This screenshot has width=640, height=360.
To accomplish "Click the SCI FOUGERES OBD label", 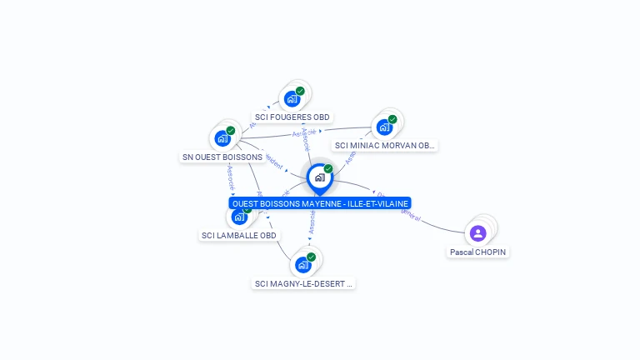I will click(x=292, y=117).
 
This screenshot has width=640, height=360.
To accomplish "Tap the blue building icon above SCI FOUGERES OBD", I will click(x=292, y=99).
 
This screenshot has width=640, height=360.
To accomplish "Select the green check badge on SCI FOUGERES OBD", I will click(x=300, y=91).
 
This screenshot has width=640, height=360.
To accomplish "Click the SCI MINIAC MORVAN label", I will click(x=384, y=145).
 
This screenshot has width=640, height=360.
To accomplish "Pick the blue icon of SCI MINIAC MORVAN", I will click(x=384, y=127).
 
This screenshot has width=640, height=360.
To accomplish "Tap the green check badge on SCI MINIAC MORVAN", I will click(x=392, y=119).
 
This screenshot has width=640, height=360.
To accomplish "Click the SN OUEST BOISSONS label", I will click(x=222, y=157).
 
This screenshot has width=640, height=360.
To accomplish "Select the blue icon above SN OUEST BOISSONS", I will click(x=222, y=138).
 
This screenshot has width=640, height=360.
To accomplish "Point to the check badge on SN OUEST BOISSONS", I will click(x=231, y=130).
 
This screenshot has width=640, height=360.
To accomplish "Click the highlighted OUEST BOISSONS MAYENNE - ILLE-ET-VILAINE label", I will click(x=320, y=203).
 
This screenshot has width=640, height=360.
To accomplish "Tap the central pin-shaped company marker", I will click(x=319, y=177).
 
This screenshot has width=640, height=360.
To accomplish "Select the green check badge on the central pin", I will click(x=328, y=168).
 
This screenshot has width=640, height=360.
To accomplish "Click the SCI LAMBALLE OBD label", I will click(x=239, y=235).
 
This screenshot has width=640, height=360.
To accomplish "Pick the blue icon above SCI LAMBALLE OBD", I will click(x=240, y=217).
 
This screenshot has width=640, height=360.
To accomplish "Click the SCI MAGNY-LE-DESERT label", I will click(x=303, y=283).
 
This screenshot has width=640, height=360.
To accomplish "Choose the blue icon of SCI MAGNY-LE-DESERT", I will click(x=302, y=265).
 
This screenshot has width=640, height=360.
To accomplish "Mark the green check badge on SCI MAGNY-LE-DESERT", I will click(x=311, y=257).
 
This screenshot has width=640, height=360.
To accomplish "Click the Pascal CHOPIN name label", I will click(x=478, y=252).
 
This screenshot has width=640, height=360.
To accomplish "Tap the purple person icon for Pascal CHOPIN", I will click(x=477, y=232).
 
